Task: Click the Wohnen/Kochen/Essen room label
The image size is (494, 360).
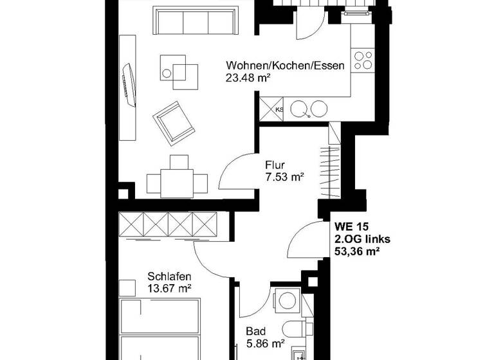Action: pyautogui.click(x=285, y=66)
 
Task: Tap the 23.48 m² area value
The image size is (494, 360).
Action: pyautogui.click(x=248, y=78)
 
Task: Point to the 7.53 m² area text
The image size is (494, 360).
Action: pyautogui.click(x=284, y=175)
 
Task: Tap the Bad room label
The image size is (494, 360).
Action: pyautogui.click(x=255, y=332)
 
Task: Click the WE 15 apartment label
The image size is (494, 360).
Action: pyautogui.click(x=351, y=226)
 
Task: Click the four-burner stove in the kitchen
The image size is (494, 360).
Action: pyautogui.click(x=363, y=60)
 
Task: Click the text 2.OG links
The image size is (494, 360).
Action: pyautogui.click(x=362, y=239)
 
